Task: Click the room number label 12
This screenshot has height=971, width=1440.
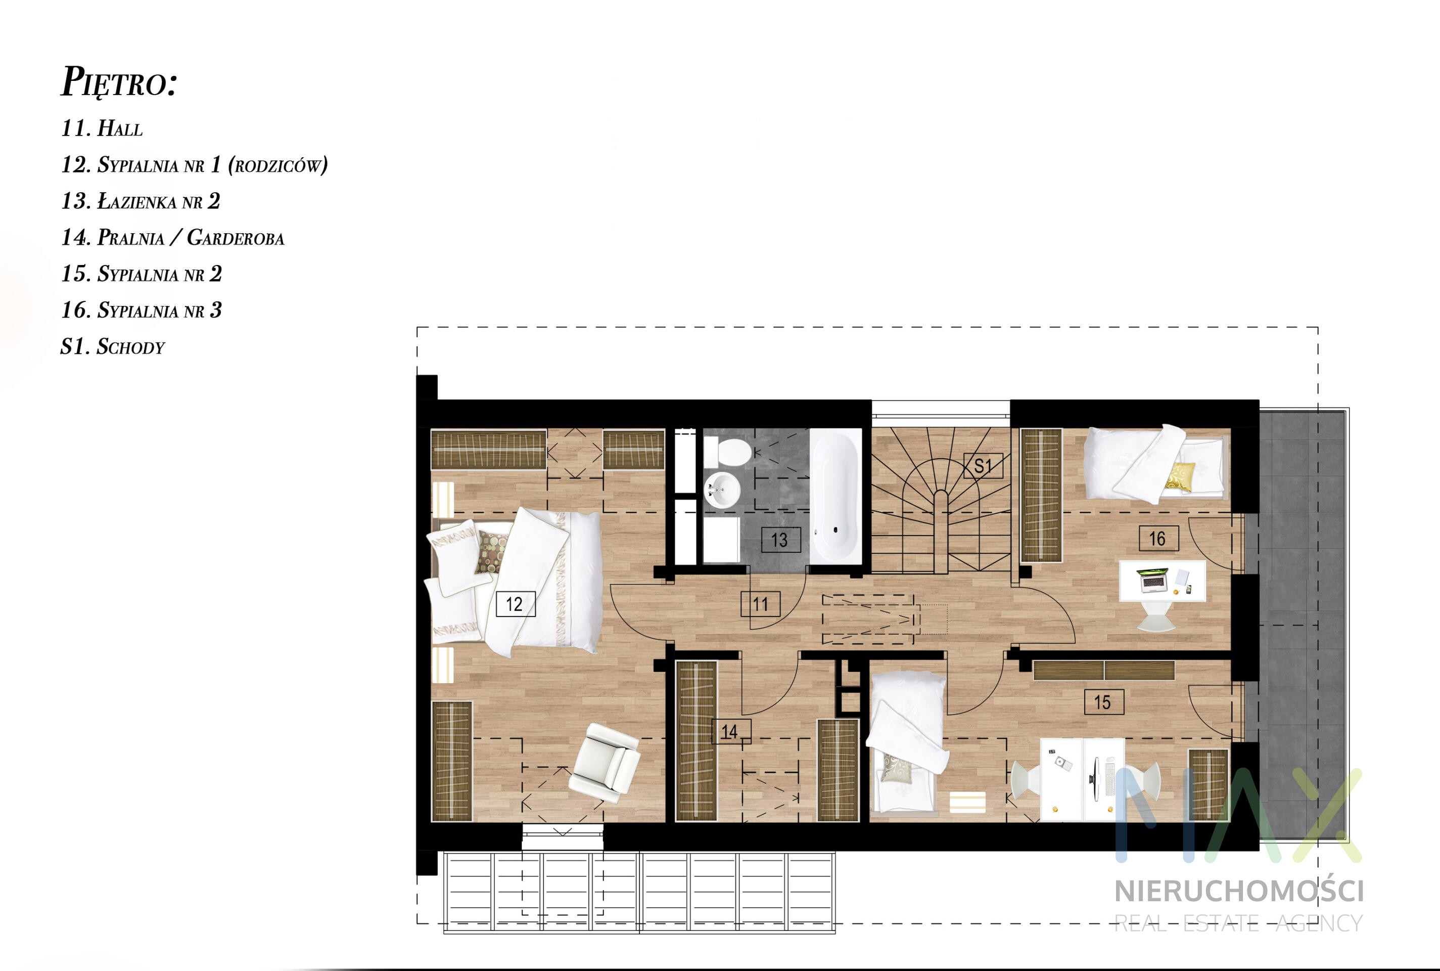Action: [516, 603]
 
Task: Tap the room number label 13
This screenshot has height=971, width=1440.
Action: [781, 540]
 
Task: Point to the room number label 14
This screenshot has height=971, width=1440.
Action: [731, 731]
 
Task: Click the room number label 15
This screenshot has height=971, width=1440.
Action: [1104, 702]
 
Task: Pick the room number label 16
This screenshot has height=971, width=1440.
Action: [1158, 538]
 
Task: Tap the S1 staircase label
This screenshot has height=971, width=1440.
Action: [983, 466]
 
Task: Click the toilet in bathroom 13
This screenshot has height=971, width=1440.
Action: [728, 452]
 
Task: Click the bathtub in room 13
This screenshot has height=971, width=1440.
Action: [835, 496]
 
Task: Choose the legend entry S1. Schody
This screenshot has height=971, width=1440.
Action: [113, 346]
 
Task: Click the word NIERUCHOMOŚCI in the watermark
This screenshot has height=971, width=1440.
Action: [1239, 891]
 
